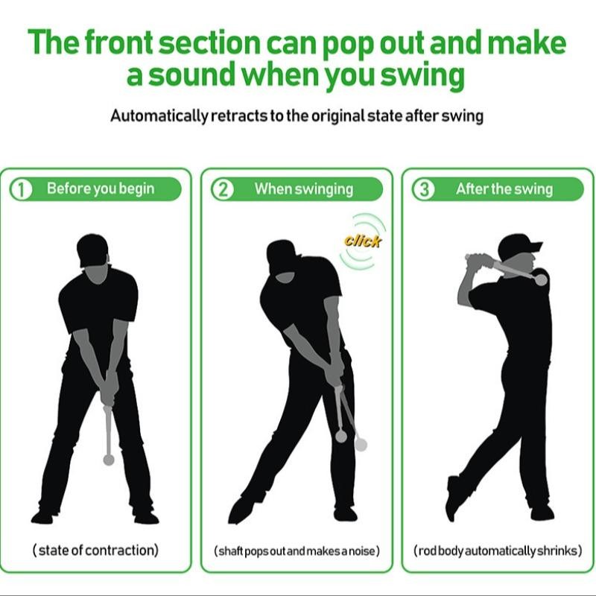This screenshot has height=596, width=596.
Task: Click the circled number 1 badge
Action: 22,189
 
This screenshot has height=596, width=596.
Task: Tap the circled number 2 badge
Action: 223,189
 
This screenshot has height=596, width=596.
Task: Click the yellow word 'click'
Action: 363,241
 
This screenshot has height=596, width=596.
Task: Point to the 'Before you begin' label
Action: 101,188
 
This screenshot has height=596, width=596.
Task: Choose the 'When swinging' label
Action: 303,188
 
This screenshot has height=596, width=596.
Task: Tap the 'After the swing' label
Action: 504,188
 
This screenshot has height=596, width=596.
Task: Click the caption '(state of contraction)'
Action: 95,551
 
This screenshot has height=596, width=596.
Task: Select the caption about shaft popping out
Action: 297,551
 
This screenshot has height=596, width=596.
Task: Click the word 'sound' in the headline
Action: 185,77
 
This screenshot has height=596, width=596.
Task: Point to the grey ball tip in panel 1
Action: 109,460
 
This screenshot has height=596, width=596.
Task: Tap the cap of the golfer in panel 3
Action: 518,244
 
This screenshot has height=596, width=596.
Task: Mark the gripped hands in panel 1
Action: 107,387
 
